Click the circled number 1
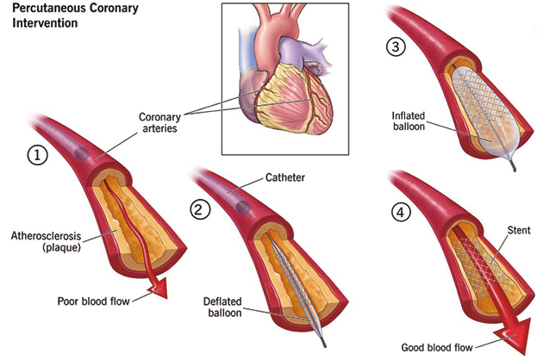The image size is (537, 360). (38, 155)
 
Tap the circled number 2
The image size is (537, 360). (200, 209)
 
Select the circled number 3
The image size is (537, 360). (396, 47)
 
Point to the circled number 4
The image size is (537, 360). (401, 212)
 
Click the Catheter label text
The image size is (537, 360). (285, 177)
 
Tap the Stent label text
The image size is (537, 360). (519, 230)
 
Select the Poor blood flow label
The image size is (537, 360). (93, 301)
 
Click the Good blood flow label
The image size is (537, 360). (437, 347)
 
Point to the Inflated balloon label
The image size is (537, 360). (409, 121)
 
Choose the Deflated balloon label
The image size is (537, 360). (222, 307)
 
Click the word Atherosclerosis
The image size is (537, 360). (46, 236)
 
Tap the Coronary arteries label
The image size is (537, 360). (159, 122)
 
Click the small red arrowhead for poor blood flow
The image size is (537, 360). (159, 289)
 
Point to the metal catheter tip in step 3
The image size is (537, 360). (513, 167)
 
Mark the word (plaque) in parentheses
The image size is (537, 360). (62, 247)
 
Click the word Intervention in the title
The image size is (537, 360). (45, 23)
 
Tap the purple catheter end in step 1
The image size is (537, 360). (82, 153)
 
